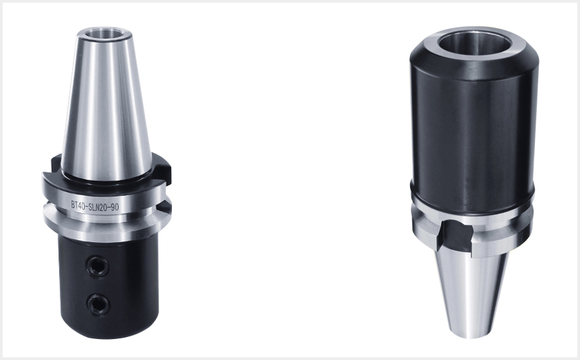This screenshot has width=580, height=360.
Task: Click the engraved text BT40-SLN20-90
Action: [95, 206]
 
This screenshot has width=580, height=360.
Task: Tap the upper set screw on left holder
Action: [98, 266]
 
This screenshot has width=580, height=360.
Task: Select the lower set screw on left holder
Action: [98, 304]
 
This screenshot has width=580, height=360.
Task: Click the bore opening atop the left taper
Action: [105, 33]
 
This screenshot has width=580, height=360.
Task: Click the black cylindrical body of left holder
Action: [109, 287]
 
